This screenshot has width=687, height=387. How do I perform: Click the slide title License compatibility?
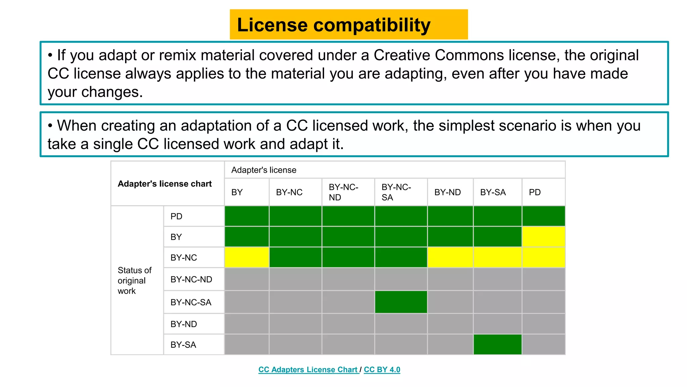tap(333, 25)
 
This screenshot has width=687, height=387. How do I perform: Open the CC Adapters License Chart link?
tap(308, 370)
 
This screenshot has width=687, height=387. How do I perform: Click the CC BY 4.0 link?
tap(382, 370)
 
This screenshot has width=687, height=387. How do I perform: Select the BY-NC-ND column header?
tap(343, 192)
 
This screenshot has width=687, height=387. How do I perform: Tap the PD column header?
tap(535, 192)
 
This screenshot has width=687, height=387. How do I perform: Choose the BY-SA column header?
tap(493, 192)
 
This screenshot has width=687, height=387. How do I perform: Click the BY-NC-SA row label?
tap(191, 302)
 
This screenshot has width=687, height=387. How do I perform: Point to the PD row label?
tap(176, 216)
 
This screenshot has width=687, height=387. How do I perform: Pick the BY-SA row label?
tap(183, 345)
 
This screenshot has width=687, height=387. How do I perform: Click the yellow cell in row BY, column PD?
tap(543, 237)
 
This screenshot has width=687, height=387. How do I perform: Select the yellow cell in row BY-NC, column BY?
tap(247, 257)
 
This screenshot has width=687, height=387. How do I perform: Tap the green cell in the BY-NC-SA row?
tap(401, 302)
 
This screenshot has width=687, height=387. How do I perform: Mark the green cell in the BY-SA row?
tap(497, 344)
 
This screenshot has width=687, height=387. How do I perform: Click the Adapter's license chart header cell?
tap(165, 184)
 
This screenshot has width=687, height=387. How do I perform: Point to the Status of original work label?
tap(135, 281)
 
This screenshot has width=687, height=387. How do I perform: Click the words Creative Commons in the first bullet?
tap(439, 55)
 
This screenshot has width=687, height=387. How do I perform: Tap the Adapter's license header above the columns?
tap(264, 170)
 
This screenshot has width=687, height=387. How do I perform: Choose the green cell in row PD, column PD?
tap(543, 216)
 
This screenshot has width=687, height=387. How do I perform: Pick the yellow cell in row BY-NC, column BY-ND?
tap(450, 257)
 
